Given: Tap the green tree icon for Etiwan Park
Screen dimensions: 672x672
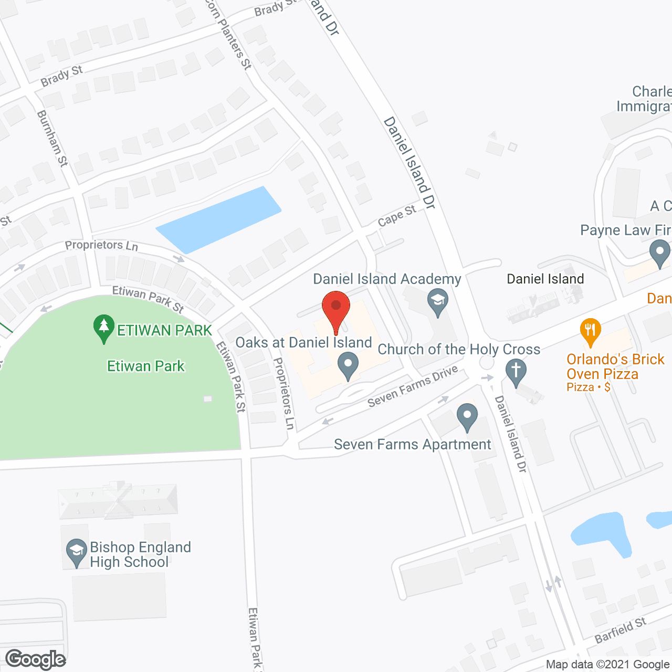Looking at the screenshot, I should (x=104, y=328).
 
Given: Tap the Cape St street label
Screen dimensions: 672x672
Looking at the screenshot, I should (x=397, y=215).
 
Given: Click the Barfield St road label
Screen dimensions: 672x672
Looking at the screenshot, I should (x=620, y=631).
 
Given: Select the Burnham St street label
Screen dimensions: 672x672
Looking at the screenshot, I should (x=52, y=139).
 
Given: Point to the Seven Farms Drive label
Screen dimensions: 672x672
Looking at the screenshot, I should (x=413, y=386).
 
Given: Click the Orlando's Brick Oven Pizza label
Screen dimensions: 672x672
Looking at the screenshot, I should (x=615, y=366).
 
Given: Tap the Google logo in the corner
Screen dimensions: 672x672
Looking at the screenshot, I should (x=35, y=659).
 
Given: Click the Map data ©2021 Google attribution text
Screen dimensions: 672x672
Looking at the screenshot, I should (x=607, y=665).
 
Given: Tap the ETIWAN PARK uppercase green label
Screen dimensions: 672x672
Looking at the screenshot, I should (x=164, y=330).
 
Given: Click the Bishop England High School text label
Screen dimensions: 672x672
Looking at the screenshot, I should (x=140, y=554).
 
